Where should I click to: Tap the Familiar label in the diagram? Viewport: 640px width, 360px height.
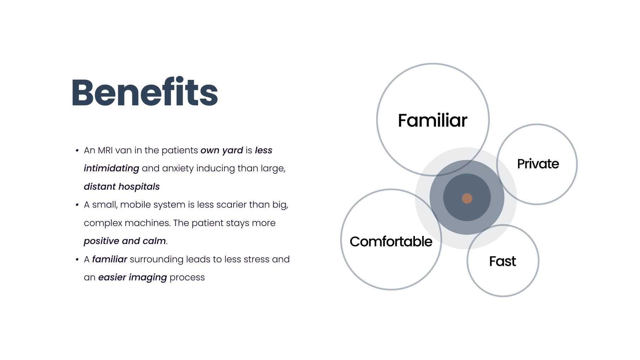pyautogui.click(x=432, y=120)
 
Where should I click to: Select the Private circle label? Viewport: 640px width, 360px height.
pyautogui.click(x=538, y=164)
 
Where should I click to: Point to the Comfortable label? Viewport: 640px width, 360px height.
pyautogui.click(x=391, y=242)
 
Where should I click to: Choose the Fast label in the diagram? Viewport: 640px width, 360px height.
pyautogui.click(x=502, y=261)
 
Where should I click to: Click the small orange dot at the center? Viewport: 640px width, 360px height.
pyautogui.click(x=467, y=198)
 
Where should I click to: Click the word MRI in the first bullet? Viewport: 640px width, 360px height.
pyautogui.click(x=105, y=150)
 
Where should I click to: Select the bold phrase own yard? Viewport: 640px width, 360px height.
pyautogui.click(x=222, y=151)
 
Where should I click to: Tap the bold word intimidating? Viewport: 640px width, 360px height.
pyautogui.click(x=111, y=168)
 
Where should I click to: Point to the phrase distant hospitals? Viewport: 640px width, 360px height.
pyautogui.click(x=122, y=187)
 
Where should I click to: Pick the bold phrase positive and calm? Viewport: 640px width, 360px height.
pyautogui.click(x=125, y=241)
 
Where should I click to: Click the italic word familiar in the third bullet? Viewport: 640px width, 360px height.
pyautogui.click(x=110, y=259)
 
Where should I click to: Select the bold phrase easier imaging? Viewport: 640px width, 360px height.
pyautogui.click(x=132, y=278)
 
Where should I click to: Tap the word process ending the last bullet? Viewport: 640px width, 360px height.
pyautogui.click(x=187, y=278)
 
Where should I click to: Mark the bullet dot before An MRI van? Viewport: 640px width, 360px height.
pyautogui.click(x=77, y=151)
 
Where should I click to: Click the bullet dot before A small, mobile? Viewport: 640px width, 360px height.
pyautogui.click(x=77, y=205)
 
